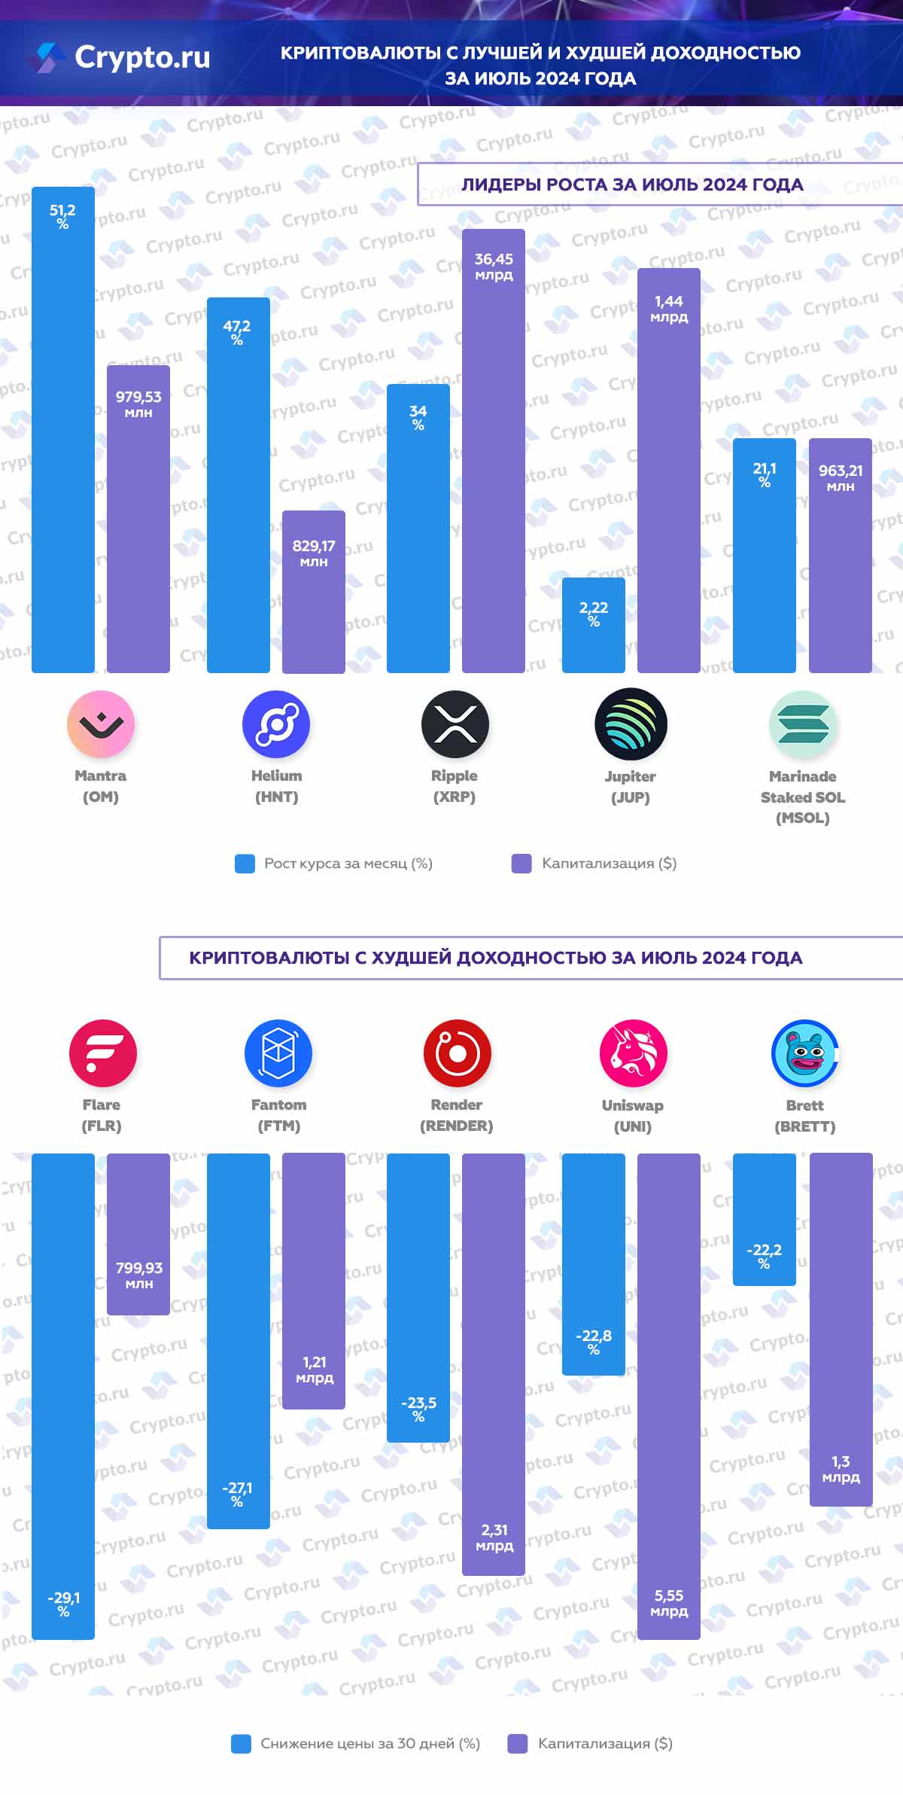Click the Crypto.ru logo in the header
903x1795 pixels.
pyautogui.click(x=120, y=57)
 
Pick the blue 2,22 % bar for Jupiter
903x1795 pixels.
pyautogui.click(x=593, y=625)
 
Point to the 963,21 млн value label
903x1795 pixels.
pyautogui.click(x=841, y=477)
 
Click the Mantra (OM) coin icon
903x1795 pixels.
pyautogui.click(x=101, y=724)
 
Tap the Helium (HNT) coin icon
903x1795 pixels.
pyautogui.click(x=276, y=724)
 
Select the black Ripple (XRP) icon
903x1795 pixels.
pyautogui.click(x=455, y=724)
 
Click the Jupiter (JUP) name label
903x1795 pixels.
pyautogui.click(x=631, y=786)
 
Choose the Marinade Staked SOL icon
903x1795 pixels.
pyautogui.click(x=803, y=724)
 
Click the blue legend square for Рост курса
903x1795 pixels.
pyautogui.click(x=245, y=864)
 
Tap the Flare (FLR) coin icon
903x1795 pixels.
pyautogui.click(x=102, y=1053)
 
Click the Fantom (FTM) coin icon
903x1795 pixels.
pyautogui.click(x=278, y=1053)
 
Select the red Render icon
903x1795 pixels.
pyautogui.click(x=457, y=1053)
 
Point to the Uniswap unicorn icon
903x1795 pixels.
pyautogui.click(x=633, y=1053)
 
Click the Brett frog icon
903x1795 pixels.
pyautogui.click(x=804, y=1053)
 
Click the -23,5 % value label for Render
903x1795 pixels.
pyautogui.click(x=418, y=1408)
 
